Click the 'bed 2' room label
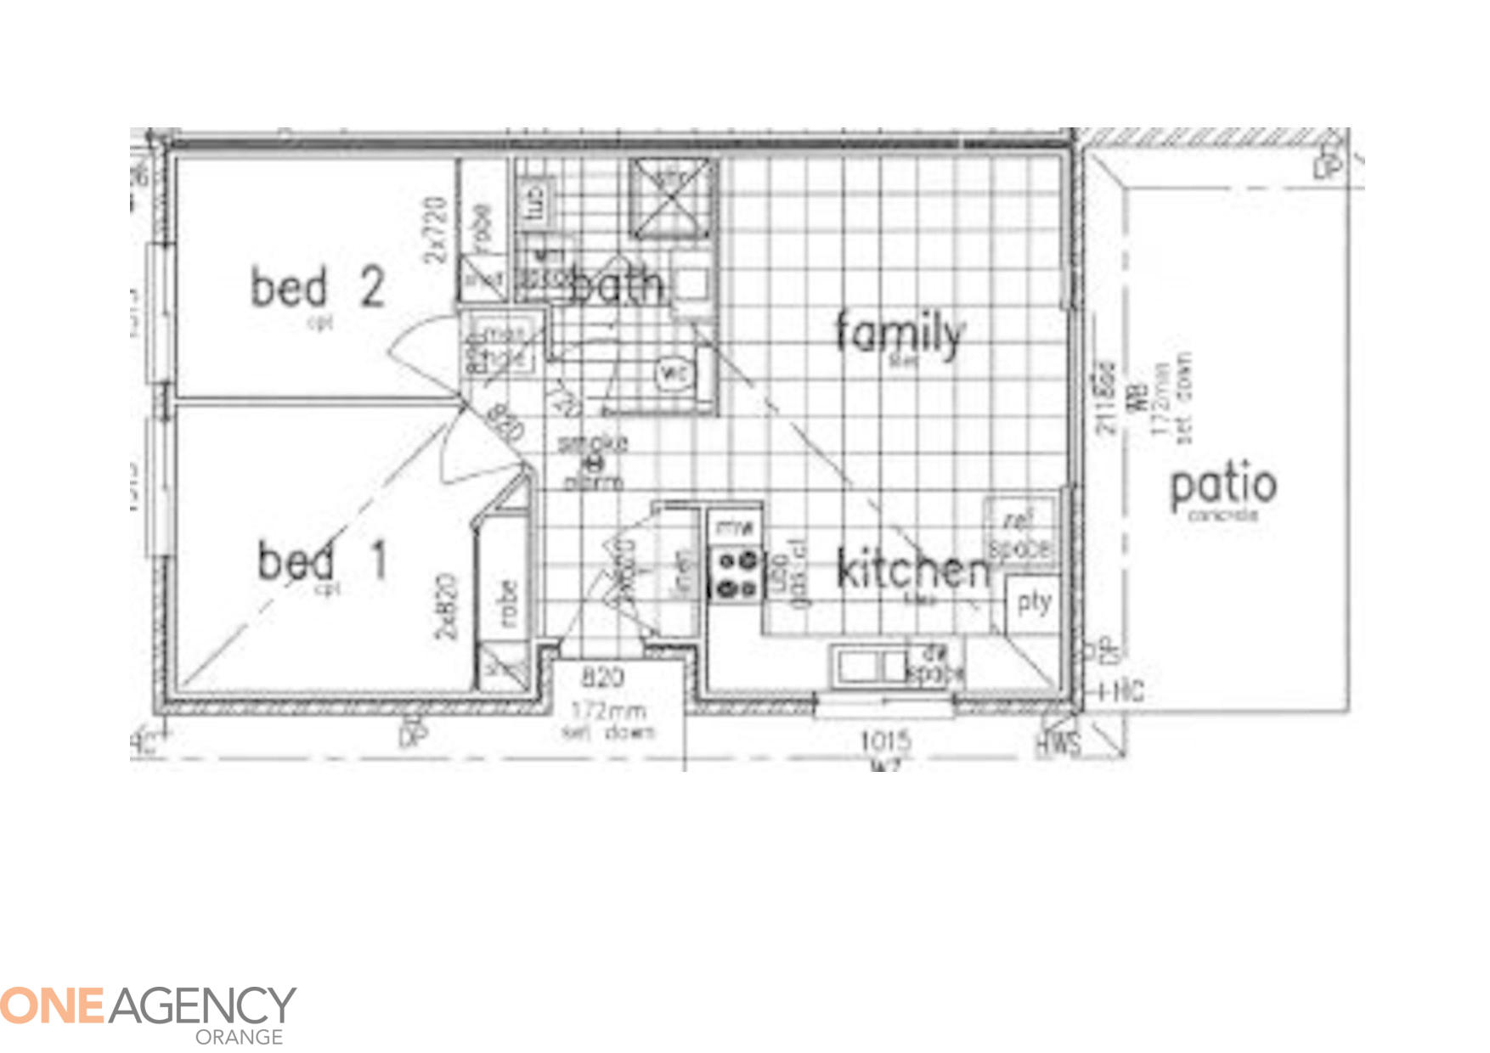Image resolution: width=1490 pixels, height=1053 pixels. click(318, 287)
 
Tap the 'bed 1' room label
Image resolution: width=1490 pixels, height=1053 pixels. click(323, 560)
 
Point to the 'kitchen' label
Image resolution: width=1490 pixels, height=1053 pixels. click(914, 569)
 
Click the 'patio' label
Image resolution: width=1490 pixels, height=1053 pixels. click(1223, 486)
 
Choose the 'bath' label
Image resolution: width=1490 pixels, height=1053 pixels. click(617, 284)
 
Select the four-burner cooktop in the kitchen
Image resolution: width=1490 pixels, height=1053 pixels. click(736, 575)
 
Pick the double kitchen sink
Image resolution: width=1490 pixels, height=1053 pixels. click(870, 665)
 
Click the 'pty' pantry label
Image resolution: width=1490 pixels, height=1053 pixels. click(1034, 603)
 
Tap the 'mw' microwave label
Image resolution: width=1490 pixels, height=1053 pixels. click(734, 527)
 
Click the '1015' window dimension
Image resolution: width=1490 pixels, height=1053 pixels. click(886, 741)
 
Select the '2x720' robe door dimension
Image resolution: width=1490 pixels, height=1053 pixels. click(436, 229)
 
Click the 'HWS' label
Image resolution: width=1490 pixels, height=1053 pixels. click(1058, 744)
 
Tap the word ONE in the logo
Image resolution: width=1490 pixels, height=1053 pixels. click(53, 1005)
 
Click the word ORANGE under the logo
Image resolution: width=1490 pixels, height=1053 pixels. click(239, 1037)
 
